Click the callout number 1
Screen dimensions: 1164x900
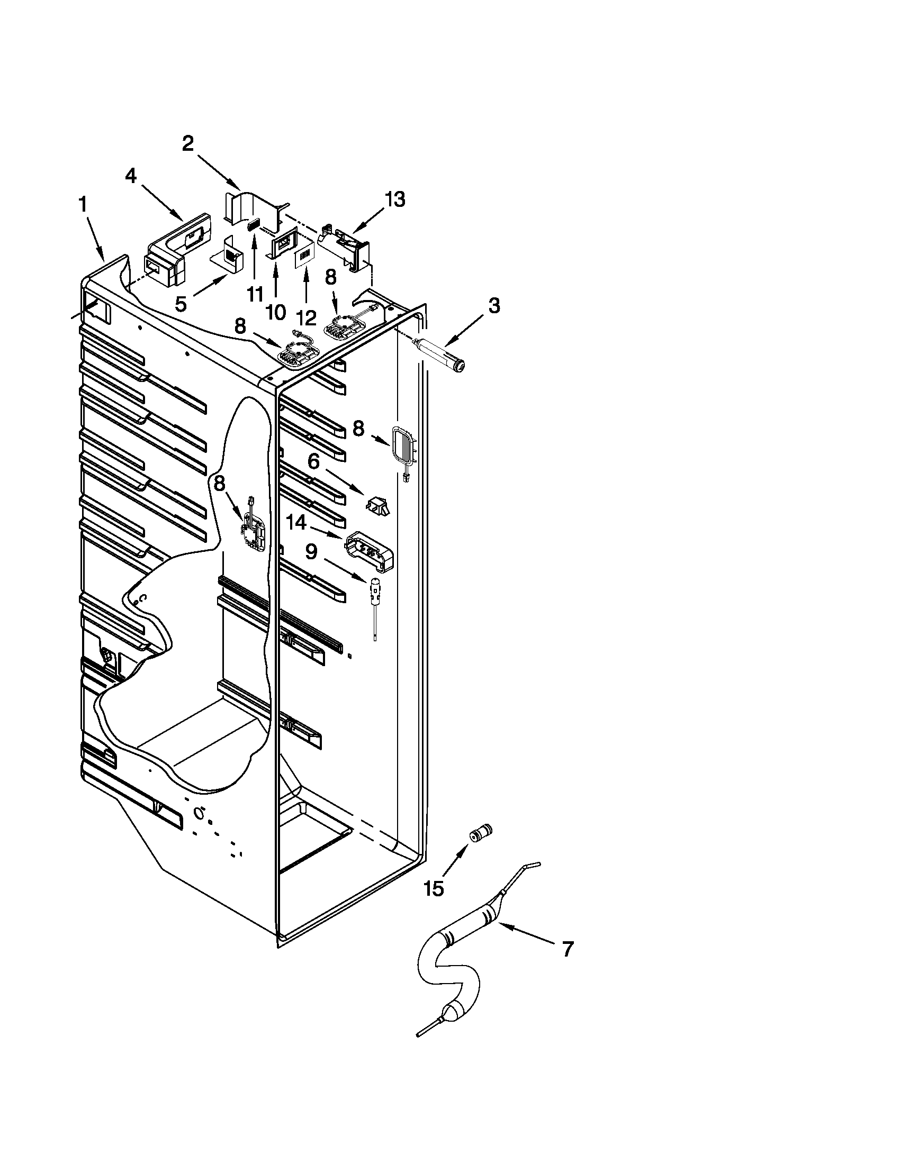coord(83,204)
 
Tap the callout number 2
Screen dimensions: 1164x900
coord(188,143)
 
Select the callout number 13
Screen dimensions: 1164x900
coord(395,199)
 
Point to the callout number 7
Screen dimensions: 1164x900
coord(568,949)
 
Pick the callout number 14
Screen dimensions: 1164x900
coord(296,523)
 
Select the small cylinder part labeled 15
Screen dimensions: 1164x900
coord(480,832)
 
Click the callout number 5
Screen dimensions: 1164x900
coord(181,304)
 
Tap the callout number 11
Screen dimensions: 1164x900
coord(254,293)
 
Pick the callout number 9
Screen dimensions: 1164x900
coord(311,551)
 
